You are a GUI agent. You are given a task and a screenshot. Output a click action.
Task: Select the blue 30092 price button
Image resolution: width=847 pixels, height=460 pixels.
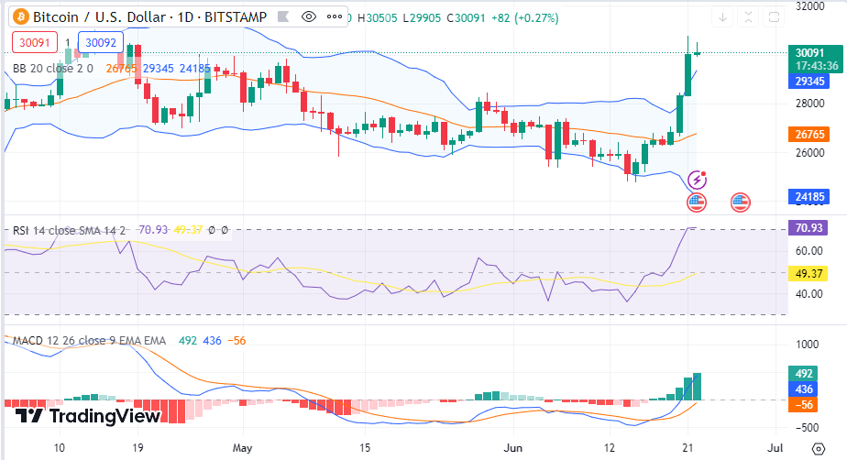coord(96,42)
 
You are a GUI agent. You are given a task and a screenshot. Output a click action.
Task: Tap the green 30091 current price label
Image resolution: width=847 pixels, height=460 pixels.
coord(807,53)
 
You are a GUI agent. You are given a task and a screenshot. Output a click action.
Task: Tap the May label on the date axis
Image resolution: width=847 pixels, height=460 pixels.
coord(242,449)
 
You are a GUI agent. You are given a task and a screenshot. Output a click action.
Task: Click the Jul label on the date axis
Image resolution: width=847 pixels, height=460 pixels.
coord(775,449)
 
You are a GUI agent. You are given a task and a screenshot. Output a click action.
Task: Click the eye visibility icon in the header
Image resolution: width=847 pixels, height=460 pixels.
coord(309,16)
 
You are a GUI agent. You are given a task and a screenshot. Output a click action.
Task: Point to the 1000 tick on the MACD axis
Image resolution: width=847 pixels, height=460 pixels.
coord(807,345)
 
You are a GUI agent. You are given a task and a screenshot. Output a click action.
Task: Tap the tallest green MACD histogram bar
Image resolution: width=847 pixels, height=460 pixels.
coord(698,386)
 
